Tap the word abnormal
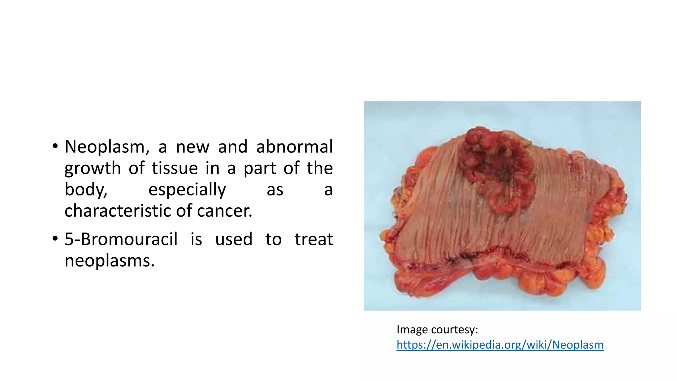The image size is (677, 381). pos(294,147)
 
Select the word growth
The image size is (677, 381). pos(93,168)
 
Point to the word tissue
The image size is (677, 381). pos(175,168)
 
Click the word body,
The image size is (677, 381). pos(86,190)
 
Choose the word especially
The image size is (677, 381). pos(187,190)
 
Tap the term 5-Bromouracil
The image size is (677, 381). pos(121,239)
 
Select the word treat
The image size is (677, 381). pos(313,239)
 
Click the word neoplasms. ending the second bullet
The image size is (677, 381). pos(109,261)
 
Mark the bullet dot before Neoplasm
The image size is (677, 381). pos(55,146)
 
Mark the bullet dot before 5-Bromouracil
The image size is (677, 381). pos(55,238)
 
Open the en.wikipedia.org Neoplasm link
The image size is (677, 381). pos(500,345)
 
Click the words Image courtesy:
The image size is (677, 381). pos(437,329)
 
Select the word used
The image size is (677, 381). pos(234,239)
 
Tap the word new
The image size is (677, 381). pos(193,147)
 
